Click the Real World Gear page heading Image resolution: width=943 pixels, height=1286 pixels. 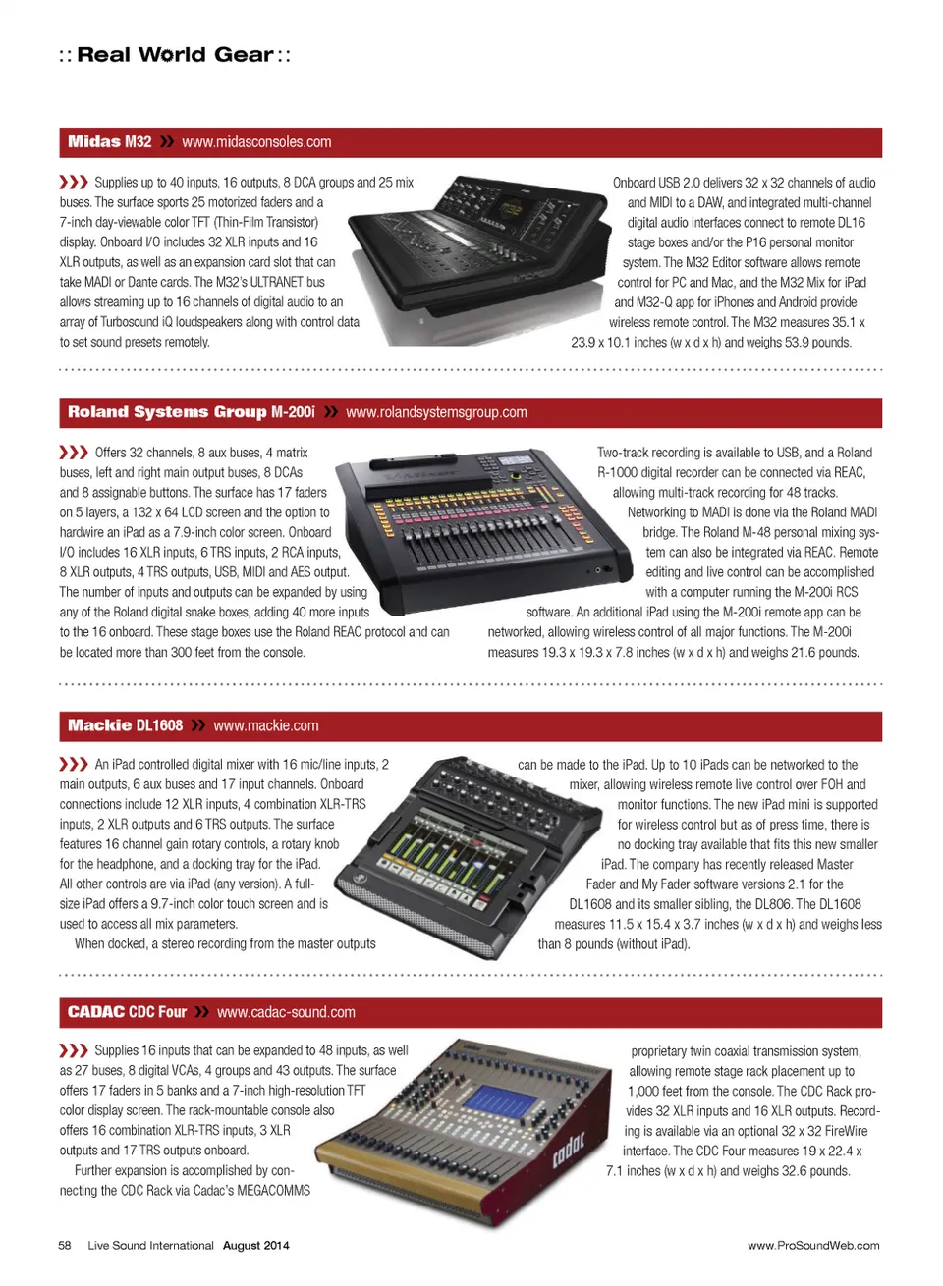[175, 55]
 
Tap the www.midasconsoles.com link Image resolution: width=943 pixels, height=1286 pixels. [256, 141]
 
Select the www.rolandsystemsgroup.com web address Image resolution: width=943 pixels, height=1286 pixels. [436, 412]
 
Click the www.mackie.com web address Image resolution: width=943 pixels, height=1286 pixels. [266, 725]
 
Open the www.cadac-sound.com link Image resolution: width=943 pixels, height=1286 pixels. [286, 1012]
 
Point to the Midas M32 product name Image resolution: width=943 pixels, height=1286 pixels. [110, 141]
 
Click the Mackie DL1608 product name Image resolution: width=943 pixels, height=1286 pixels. [125, 725]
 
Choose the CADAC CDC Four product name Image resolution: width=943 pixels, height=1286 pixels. [127, 1012]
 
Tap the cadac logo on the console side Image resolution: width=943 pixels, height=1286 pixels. [568, 1150]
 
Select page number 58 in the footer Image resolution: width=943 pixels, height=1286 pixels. [65, 1245]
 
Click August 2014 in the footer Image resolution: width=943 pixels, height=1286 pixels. [256, 1245]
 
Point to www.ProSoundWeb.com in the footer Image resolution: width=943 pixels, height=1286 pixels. [813, 1245]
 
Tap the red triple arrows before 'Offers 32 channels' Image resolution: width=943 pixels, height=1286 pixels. [74, 453]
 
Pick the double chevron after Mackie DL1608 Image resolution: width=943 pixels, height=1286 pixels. [198, 725]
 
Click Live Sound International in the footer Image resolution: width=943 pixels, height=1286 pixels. [150, 1245]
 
